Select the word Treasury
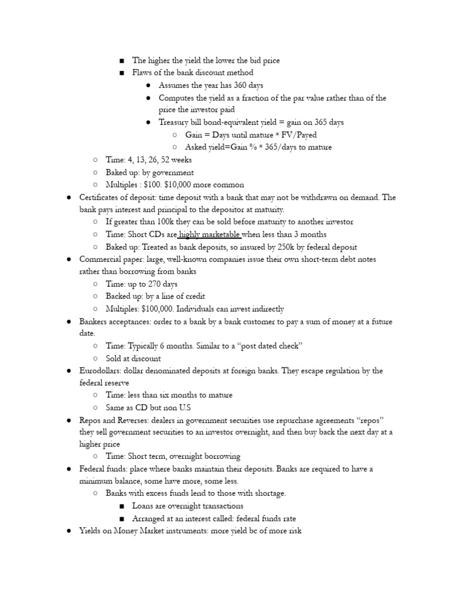click(x=175, y=122)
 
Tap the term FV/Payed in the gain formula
click(x=299, y=135)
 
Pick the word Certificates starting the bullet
click(x=102, y=197)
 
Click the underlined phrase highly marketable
click(x=210, y=234)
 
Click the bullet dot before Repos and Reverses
click(x=69, y=420)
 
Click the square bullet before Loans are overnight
click(x=121, y=506)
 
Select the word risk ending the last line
click(x=292, y=531)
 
